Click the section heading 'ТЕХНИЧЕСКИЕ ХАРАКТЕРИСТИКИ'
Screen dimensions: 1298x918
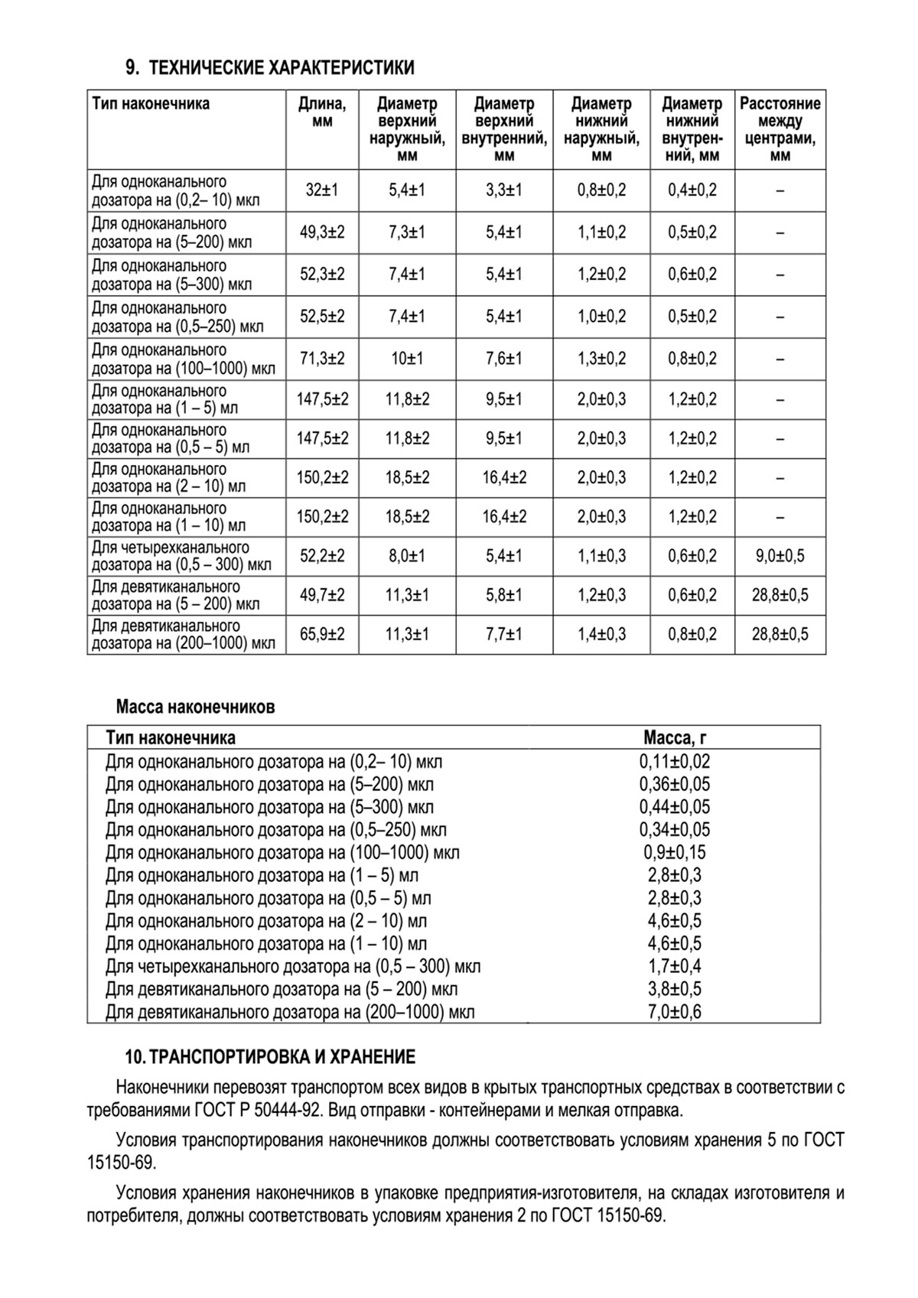pos(281,69)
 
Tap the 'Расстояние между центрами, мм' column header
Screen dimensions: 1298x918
pos(780,129)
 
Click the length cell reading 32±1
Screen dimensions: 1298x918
pos(322,190)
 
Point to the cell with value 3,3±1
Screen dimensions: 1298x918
pos(503,190)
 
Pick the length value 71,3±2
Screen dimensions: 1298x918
pos(322,359)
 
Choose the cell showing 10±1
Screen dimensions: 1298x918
pos(407,359)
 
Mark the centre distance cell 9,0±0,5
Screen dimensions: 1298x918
pos(780,556)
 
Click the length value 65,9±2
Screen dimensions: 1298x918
pos(322,634)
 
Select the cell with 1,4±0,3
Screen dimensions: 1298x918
pos(601,634)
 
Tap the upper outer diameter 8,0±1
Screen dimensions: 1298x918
pos(407,556)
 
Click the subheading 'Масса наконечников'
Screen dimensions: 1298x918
pos(195,707)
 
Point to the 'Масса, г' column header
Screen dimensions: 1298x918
pos(674,738)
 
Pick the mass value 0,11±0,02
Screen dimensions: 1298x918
pos(674,762)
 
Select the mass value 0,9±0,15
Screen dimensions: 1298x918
pos(674,852)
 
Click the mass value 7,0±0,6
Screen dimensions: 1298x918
pos(674,1012)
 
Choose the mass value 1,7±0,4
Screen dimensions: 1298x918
pos(674,967)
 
